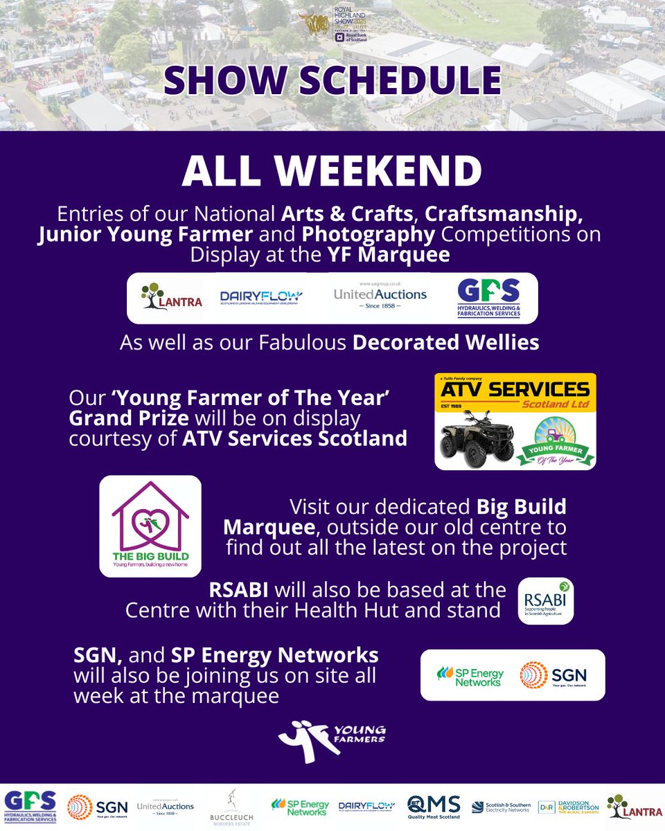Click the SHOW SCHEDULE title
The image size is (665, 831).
[332, 80]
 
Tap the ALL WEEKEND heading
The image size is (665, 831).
[332, 171]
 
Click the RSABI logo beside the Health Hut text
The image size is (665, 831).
[546, 600]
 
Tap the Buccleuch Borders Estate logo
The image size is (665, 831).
[233, 807]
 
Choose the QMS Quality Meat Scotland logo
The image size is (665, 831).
[434, 806]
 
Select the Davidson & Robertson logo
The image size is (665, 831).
[567, 806]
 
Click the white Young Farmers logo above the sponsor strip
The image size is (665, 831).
[332, 740]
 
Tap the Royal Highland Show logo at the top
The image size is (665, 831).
[333, 26]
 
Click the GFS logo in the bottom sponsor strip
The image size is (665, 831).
[30, 806]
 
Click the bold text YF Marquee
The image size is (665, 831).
[389, 255]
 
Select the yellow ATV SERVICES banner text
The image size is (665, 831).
[515, 391]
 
